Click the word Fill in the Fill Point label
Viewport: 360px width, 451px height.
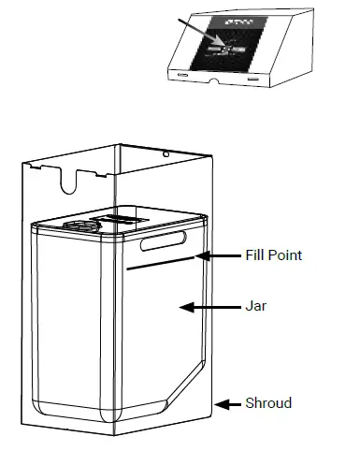[x=253, y=255]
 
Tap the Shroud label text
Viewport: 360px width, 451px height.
[x=268, y=403]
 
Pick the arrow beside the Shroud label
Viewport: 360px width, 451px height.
[x=228, y=404]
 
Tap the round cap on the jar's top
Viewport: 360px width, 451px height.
[x=79, y=225]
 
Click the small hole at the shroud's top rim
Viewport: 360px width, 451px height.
[x=165, y=153]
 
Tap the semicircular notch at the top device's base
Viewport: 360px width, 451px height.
[x=216, y=82]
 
